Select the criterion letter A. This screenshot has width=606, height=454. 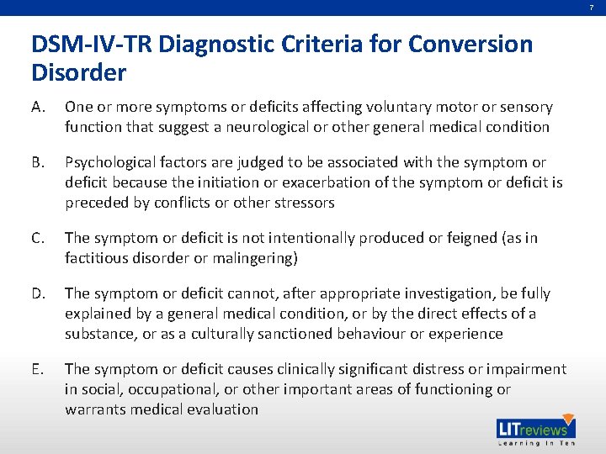tap(39, 108)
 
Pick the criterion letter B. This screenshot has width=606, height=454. tap(39, 162)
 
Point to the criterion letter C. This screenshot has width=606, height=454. tap(39, 239)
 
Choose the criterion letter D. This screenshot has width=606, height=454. tap(39, 293)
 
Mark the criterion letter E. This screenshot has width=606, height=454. tap(38, 369)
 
